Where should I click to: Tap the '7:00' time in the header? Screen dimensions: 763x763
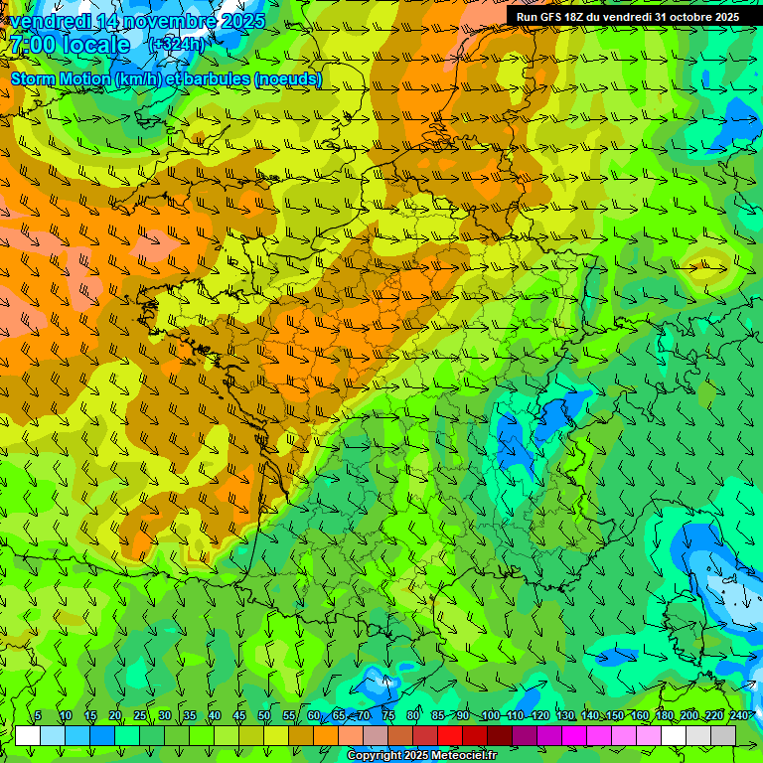click(x=32, y=45)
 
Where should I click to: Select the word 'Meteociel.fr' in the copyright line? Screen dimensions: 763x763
click(x=464, y=756)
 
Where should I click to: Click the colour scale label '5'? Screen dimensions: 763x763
click(x=38, y=716)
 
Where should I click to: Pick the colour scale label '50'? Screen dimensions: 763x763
click(x=264, y=716)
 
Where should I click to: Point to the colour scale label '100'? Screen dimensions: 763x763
click(x=490, y=716)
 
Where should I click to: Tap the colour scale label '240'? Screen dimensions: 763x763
click(x=739, y=716)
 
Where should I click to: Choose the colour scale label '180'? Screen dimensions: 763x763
click(x=664, y=716)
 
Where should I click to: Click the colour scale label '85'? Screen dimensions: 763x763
click(x=439, y=716)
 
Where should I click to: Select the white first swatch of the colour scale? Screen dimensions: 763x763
click(x=28, y=735)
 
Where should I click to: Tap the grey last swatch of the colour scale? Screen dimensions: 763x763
click(x=723, y=735)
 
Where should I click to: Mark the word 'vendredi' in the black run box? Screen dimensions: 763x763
click(x=629, y=17)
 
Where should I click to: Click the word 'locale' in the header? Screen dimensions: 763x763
click(x=96, y=45)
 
